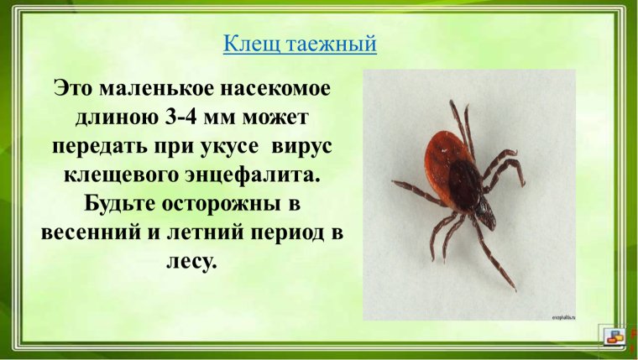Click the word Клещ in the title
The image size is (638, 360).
click(246, 44)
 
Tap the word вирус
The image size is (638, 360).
click(303, 145)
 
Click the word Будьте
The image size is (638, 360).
click(113, 204)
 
